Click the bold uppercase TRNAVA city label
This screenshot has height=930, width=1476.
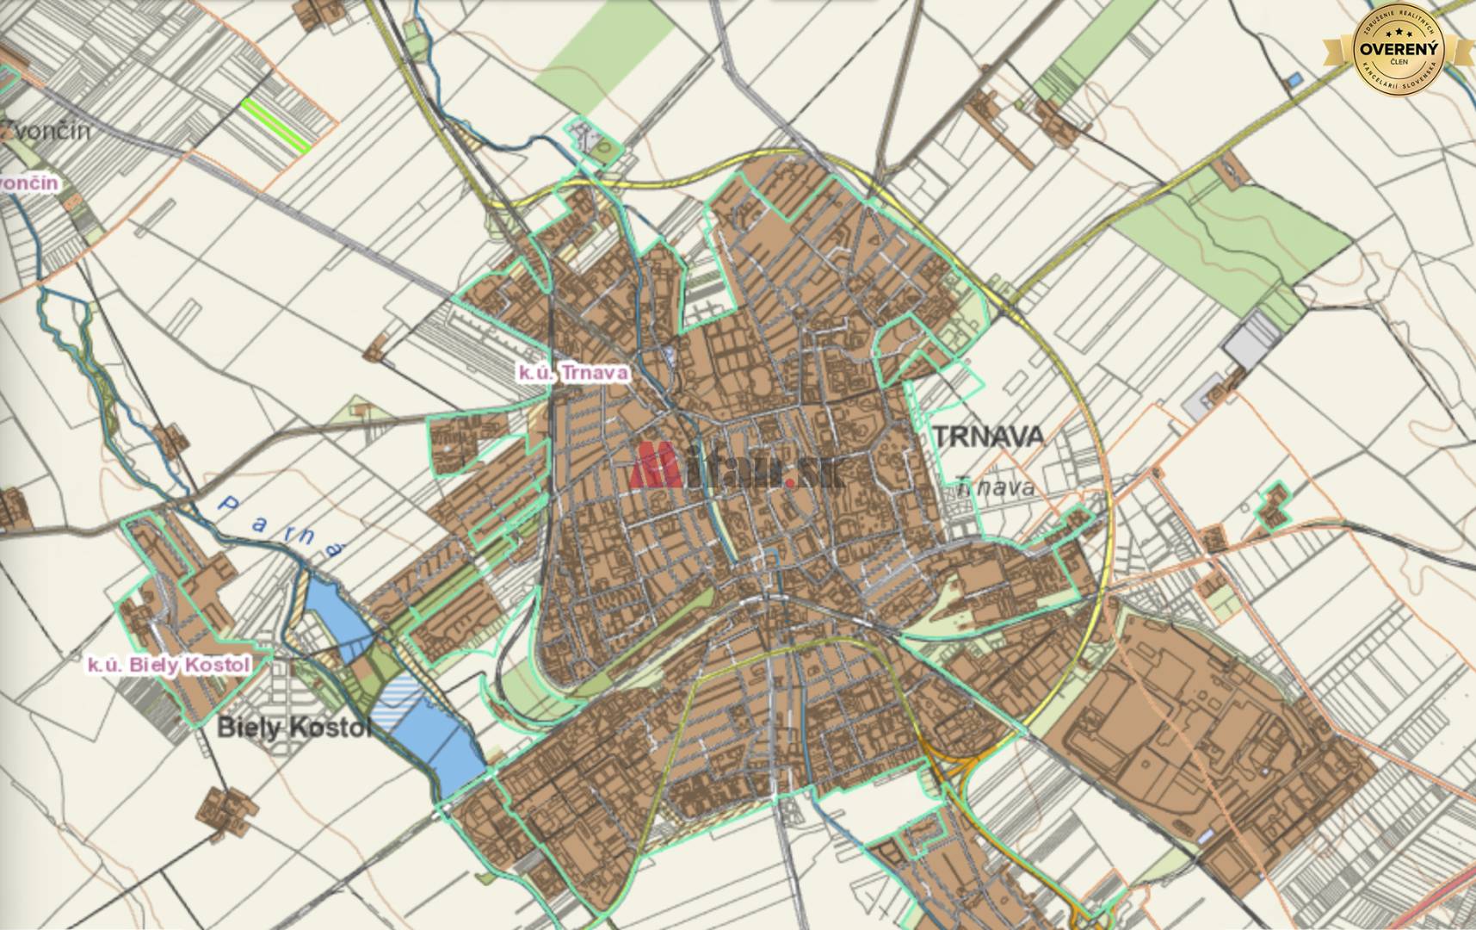[988, 437]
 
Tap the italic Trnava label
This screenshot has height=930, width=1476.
[995, 488]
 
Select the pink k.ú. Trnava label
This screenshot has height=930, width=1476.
[572, 373]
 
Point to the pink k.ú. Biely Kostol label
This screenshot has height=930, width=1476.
[169, 665]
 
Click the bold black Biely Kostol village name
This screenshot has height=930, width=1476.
[293, 728]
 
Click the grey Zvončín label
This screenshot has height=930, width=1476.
[47, 132]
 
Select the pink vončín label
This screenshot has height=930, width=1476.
[30, 183]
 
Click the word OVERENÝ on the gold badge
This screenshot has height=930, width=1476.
[1398, 49]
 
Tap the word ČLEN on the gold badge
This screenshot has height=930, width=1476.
[1398, 63]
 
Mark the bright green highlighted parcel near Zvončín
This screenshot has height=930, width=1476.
[275, 126]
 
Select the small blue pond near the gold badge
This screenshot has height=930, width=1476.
[1294, 80]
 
